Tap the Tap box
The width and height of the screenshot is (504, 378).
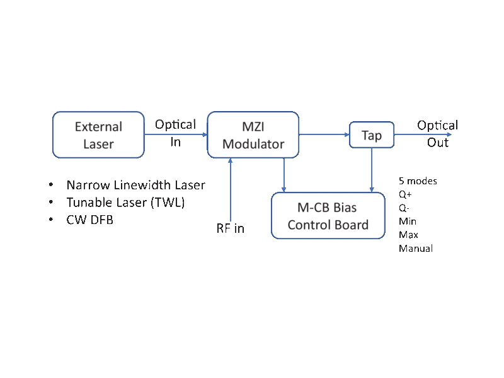pos(371,135)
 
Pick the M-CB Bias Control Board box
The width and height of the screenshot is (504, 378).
pos(328,216)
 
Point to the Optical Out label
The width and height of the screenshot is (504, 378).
pos(438,134)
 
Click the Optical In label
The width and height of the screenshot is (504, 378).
pos(176,133)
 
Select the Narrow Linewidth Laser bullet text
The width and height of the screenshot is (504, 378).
pos(136,186)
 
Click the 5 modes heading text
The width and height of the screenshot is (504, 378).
pos(418,181)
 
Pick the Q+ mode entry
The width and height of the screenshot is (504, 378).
pos(405,195)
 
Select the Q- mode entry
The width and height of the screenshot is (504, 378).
pos(404,208)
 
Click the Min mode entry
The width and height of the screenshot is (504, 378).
pos(407,221)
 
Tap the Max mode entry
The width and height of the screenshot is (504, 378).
pos(408,235)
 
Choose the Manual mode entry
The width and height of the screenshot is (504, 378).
pos(416,249)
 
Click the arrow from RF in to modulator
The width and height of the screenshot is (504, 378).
pos(232,189)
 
